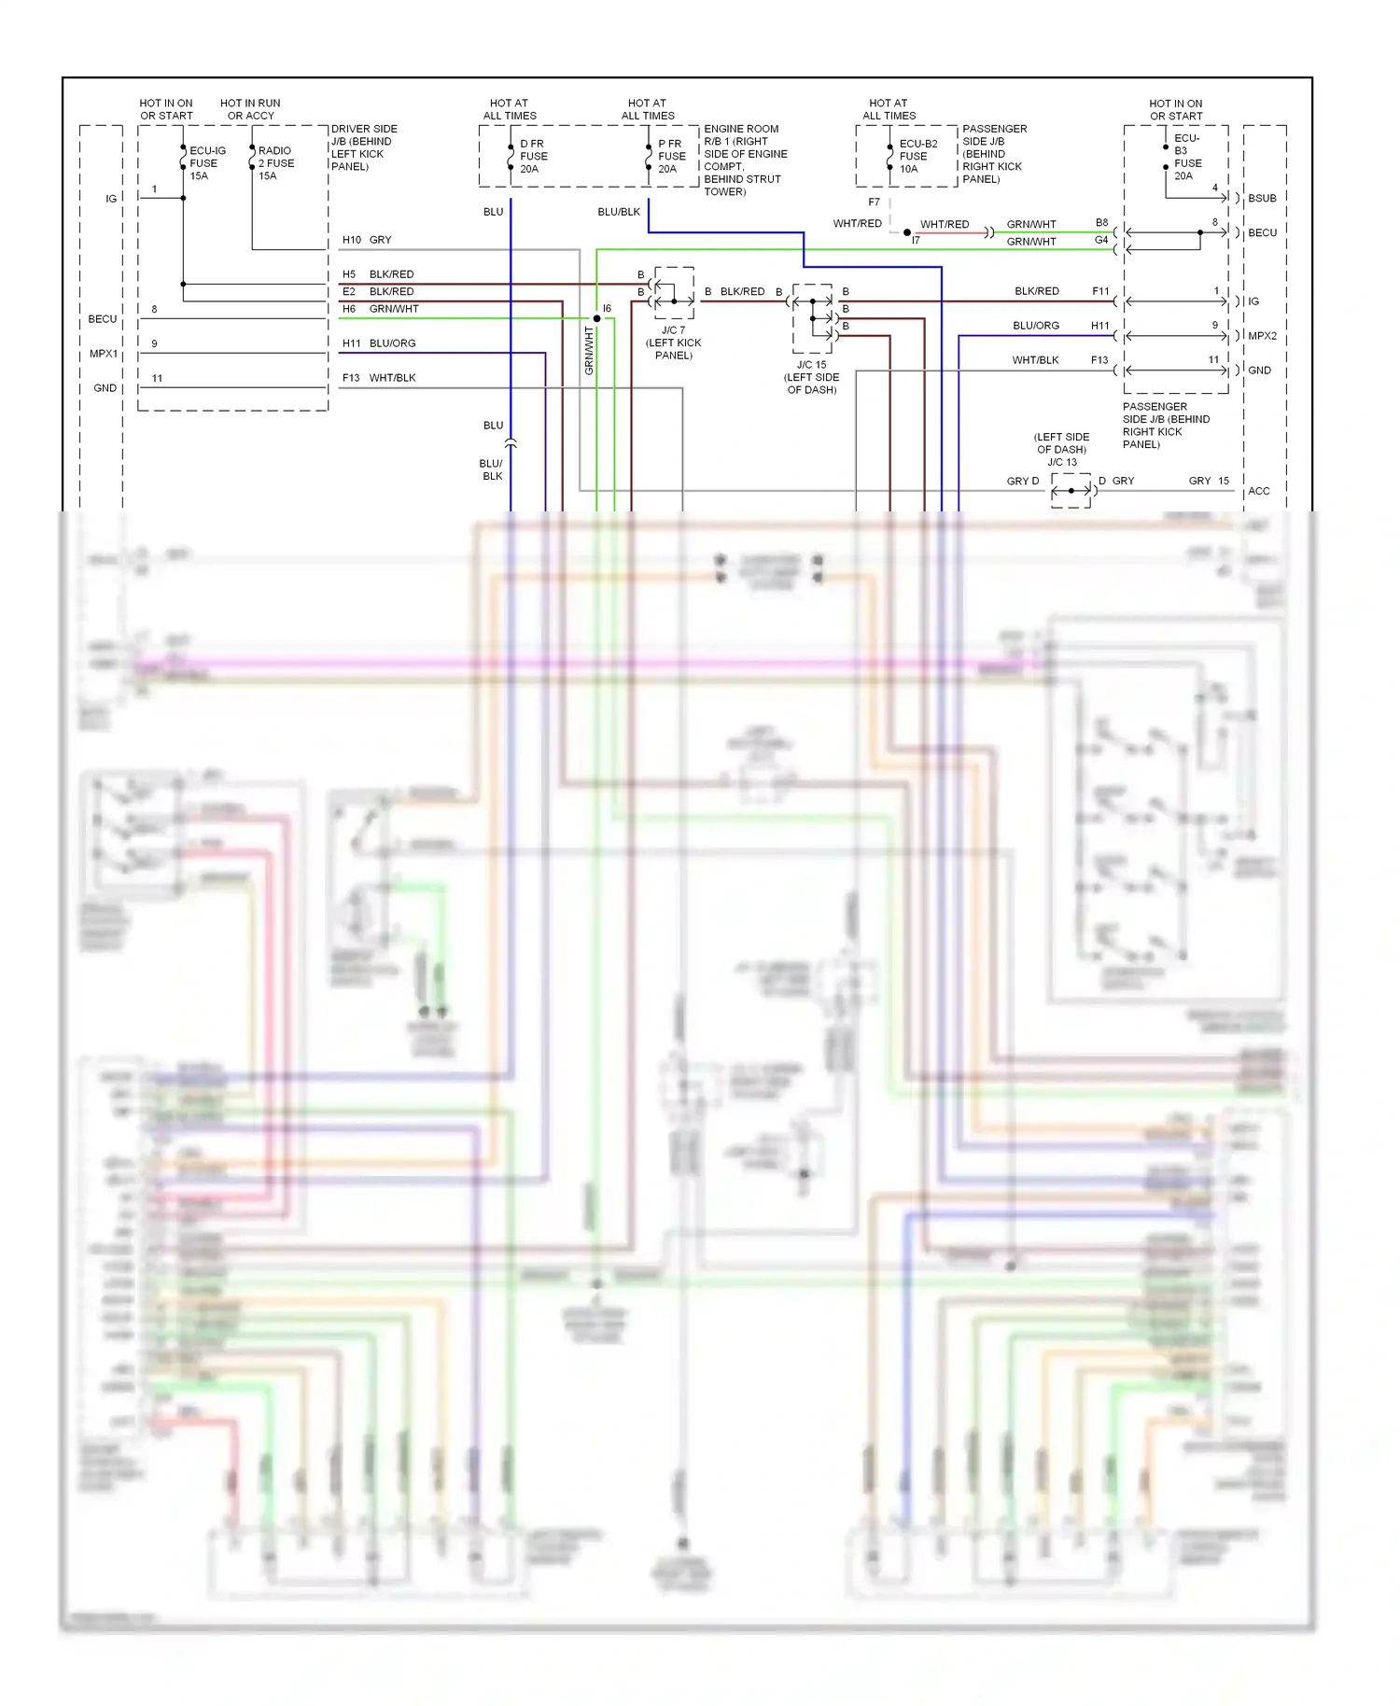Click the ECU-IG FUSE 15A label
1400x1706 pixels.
[206, 162]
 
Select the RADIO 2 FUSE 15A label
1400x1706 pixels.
[275, 162]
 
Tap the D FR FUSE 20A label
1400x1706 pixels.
[533, 156]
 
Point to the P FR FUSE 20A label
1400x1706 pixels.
[671, 156]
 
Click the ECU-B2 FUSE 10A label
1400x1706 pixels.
[917, 156]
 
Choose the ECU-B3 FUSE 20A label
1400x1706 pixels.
[1187, 156]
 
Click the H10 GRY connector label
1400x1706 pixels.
[367, 240]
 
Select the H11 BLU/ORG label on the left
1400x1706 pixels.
[378, 343]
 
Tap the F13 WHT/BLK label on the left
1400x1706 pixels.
[378, 378]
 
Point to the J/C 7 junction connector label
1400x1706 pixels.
[673, 343]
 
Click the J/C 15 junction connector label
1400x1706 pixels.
[811, 377]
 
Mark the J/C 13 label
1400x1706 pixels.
[1061, 462]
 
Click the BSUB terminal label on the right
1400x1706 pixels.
[1262, 198]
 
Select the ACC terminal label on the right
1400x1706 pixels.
[1258, 491]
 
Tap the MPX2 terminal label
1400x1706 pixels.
[1262, 336]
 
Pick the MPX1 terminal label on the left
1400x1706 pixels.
[104, 354]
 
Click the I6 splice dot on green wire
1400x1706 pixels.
[596, 318]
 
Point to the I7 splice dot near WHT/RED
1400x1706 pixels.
[906, 232]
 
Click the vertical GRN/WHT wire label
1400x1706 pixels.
[589, 351]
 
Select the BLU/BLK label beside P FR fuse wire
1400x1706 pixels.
[619, 212]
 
